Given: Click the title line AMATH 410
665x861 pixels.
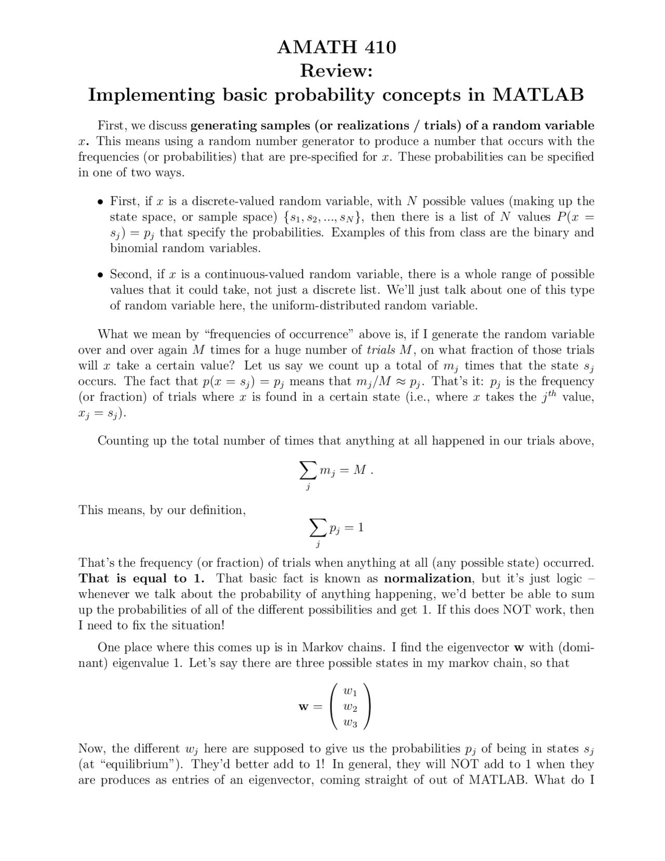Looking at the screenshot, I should (x=336, y=47).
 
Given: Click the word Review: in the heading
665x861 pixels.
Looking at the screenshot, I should (x=336, y=71).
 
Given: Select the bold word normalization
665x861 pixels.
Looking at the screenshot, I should (x=428, y=579).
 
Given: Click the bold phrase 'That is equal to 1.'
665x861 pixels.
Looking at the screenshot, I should (x=141, y=579).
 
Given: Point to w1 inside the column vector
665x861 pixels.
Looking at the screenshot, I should (x=351, y=692).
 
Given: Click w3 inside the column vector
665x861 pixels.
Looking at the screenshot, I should (x=351, y=723).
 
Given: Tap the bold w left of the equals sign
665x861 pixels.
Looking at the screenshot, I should (x=303, y=708).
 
